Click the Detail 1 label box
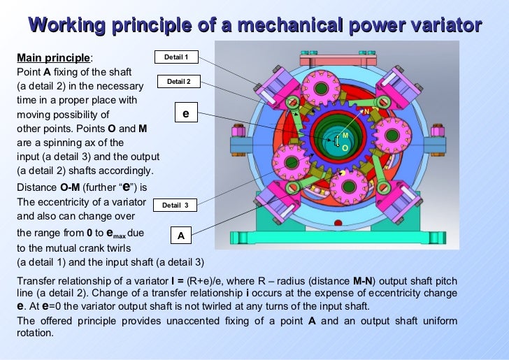(176, 57)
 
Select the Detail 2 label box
(179, 82)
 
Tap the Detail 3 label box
(175, 205)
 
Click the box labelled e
(185, 111)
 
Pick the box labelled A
(180, 236)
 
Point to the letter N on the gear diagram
(366, 110)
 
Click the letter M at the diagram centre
(345, 135)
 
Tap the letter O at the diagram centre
(345, 147)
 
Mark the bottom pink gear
(347, 187)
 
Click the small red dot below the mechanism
(339, 224)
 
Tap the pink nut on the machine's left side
(236, 131)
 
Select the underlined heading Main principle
(53, 57)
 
